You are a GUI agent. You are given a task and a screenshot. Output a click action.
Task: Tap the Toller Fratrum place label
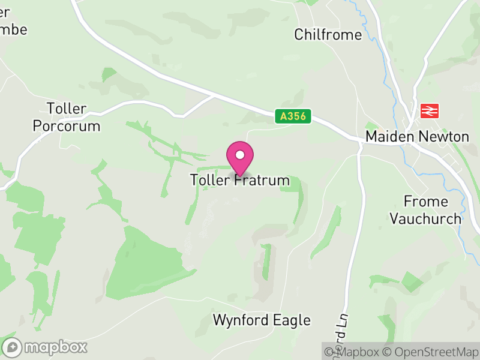[x=240, y=180]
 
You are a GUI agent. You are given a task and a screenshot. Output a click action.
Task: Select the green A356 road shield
[x=294, y=116]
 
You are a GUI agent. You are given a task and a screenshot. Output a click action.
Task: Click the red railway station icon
[x=430, y=110]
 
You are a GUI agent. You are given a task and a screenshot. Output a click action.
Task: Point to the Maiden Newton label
[x=418, y=137]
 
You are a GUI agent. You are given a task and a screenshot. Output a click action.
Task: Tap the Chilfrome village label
[x=328, y=35]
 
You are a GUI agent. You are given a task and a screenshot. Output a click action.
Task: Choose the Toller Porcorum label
[x=67, y=118]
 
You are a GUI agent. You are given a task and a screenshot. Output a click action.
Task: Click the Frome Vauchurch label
[x=425, y=209]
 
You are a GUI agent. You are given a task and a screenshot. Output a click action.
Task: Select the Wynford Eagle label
[x=262, y=320]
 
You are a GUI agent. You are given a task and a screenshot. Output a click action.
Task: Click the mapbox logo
[x=46, y=347]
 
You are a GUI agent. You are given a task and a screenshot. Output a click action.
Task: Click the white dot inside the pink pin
[x=240, y=155]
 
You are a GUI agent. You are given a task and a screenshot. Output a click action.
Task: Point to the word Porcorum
[x=67, y=127]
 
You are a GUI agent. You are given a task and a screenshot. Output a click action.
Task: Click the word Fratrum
[x=262, y=180]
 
